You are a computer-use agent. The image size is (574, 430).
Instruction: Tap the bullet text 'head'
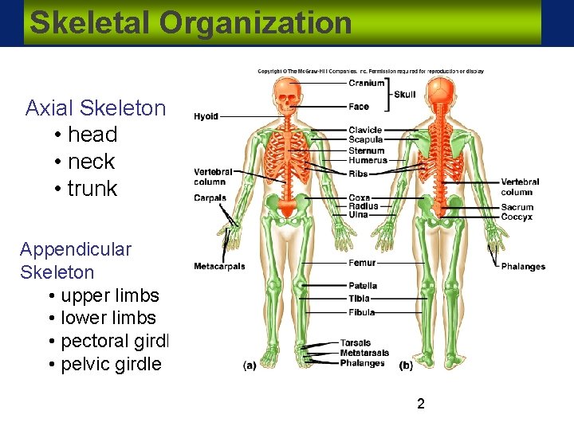click(92, 135)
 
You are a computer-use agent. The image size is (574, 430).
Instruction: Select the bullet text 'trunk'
click(92, 189)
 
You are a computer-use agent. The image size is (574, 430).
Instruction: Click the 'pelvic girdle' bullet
click(111, 365)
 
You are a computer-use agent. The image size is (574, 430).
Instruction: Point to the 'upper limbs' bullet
click(109, 295)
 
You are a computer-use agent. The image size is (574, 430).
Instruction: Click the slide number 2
click(420, 404)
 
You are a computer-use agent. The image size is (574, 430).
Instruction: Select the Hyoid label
click(206, 117)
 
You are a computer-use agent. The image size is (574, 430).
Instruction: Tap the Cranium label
click(366, 83)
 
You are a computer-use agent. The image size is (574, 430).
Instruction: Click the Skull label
click(405, 94)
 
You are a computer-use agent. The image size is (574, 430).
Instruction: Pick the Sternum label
click(366, 150)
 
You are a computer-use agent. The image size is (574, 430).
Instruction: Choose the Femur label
click(362, 263)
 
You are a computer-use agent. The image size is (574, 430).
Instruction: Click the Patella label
click(363, 286)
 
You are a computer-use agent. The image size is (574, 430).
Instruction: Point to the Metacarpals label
click(219, 267)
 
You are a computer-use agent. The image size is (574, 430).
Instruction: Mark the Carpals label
click(210, 198)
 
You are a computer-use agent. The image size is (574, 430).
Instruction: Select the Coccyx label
click(517, 217)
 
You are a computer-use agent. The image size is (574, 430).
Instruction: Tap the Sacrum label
click(517, 208)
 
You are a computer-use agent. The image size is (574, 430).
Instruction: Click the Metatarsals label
click(364, 353)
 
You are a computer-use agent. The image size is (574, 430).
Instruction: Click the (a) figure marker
click(250, 365)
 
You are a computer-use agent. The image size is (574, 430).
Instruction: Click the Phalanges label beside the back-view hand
click(523, 267)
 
